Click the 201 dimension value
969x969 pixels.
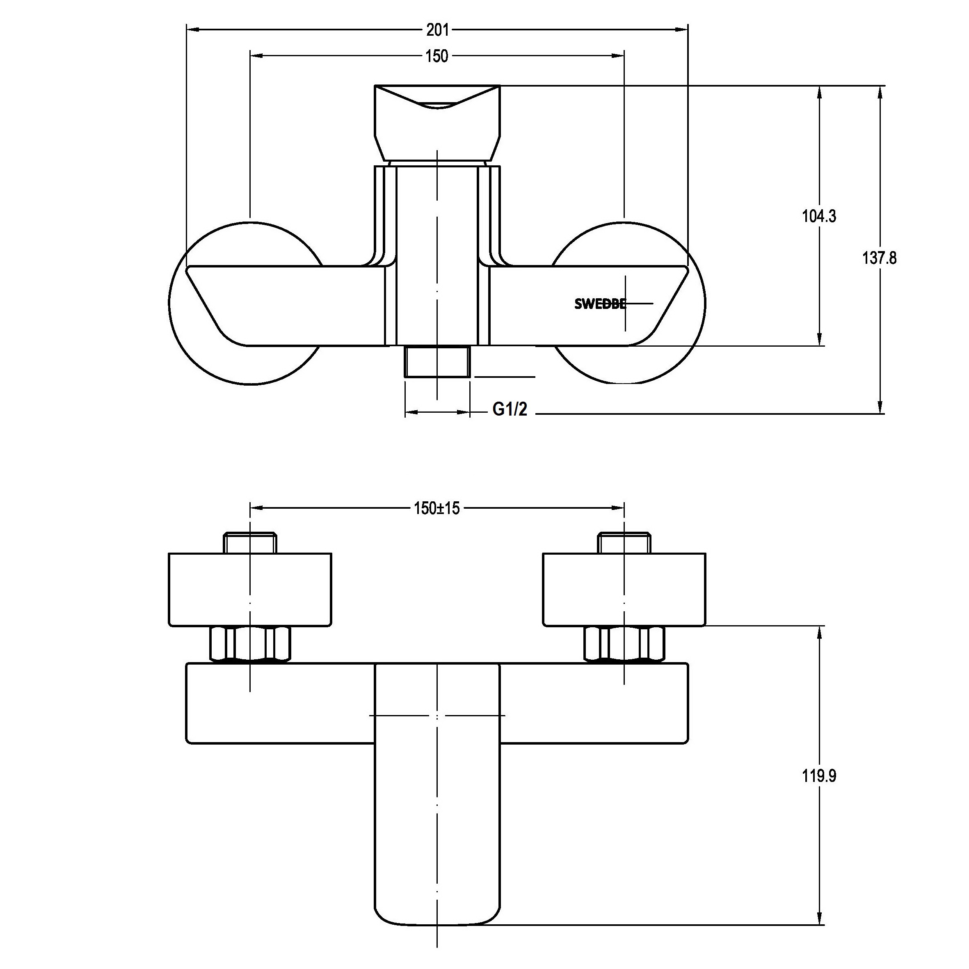pos(437,30)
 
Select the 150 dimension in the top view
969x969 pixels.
pos(437,56)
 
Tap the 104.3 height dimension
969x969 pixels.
pos(819,216)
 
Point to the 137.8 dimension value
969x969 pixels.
pos(879,258)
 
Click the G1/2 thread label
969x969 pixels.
pos(510,409)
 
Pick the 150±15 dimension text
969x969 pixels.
pos(437,509)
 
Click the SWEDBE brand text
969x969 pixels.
pos(600,304)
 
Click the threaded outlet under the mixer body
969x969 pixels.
pos(437,361)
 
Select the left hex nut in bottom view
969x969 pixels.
pos(250,644)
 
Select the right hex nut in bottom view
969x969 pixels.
pos(624,644)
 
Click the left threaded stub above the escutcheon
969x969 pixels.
pos(250,543)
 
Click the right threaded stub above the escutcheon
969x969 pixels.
pos(624,543)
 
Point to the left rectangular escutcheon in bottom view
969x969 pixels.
pos(250,590)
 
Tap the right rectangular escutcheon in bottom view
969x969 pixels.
pos(624,590)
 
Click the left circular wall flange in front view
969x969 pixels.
pos(201,361)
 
